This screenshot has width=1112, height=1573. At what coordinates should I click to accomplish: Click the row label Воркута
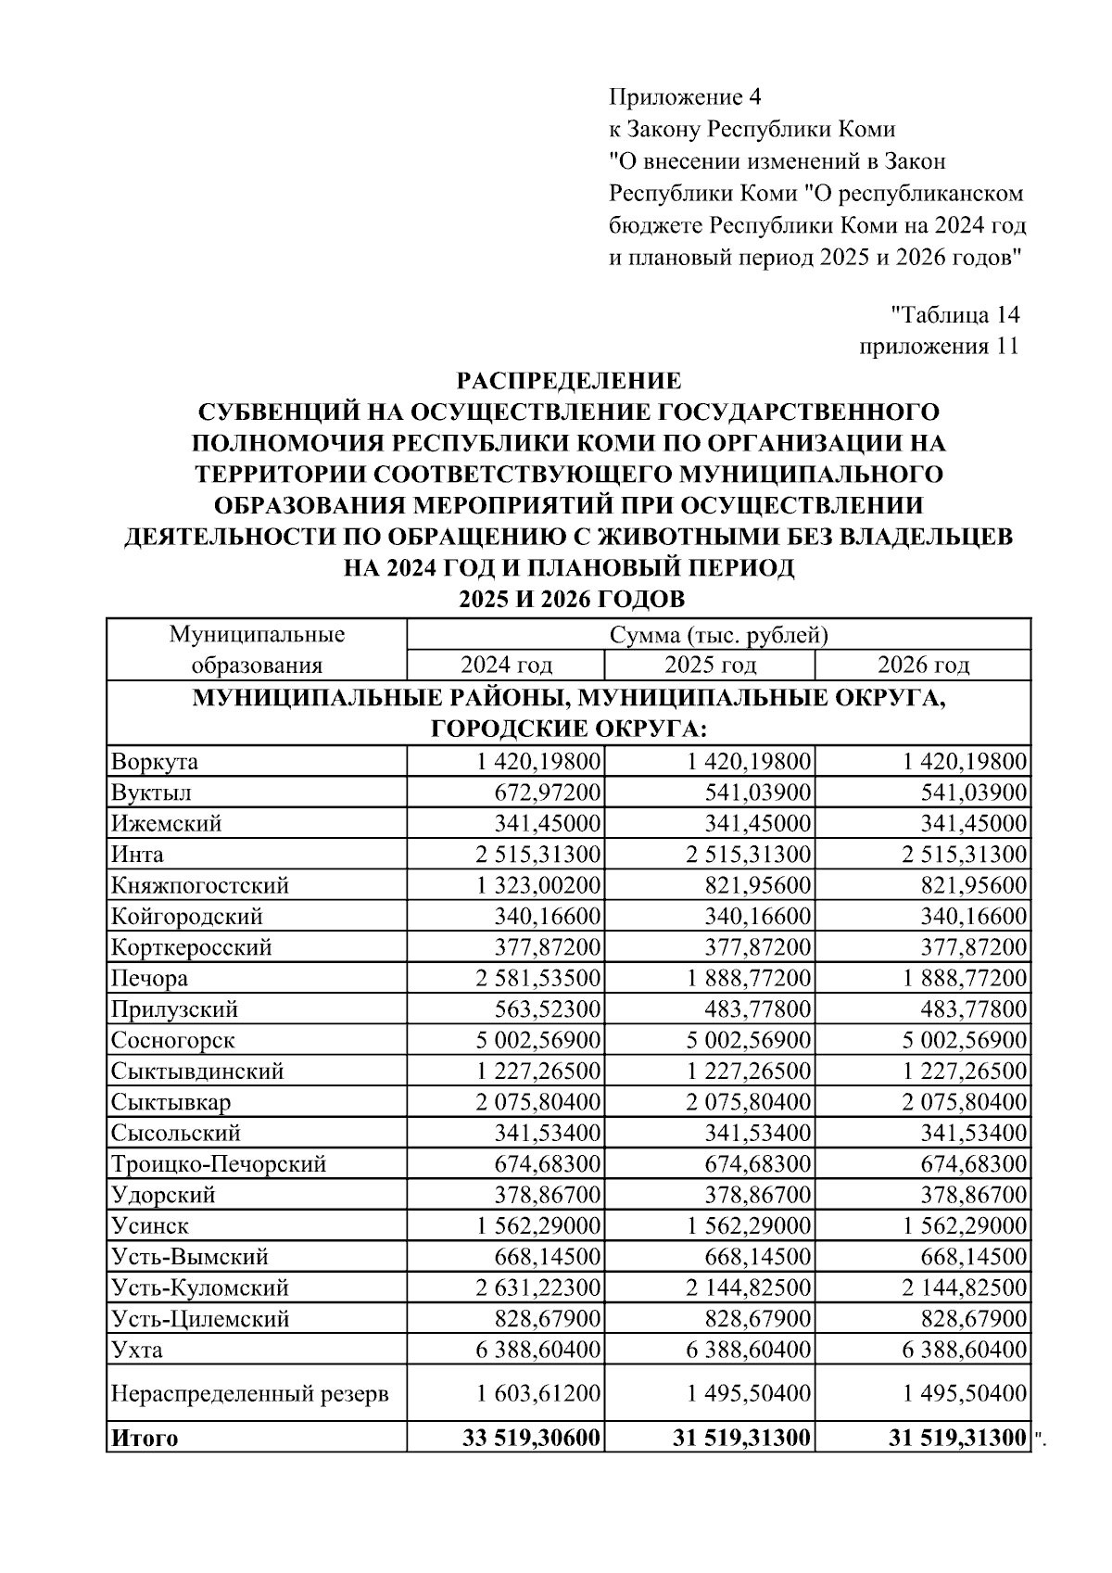[x=155, y=762]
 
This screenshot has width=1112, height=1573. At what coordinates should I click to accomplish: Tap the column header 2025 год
[x=710, y=665]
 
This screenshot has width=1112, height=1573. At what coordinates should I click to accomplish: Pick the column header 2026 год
[x=923, y=665]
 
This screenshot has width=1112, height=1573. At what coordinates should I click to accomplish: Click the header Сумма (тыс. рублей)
[x=718, y=635]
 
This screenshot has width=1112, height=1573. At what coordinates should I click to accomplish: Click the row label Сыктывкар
[x=171, y=1102]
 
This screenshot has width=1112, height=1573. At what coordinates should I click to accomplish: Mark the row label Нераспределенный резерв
[x=250, y=1393]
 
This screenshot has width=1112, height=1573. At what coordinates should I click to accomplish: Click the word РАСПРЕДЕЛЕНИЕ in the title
[x=569, y=380]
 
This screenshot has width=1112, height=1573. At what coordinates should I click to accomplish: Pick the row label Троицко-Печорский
[x=219, y=1163]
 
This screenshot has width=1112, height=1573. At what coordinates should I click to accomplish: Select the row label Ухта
[x=137, y=1350]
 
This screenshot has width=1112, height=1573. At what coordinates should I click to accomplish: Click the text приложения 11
[x=939, y=347]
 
